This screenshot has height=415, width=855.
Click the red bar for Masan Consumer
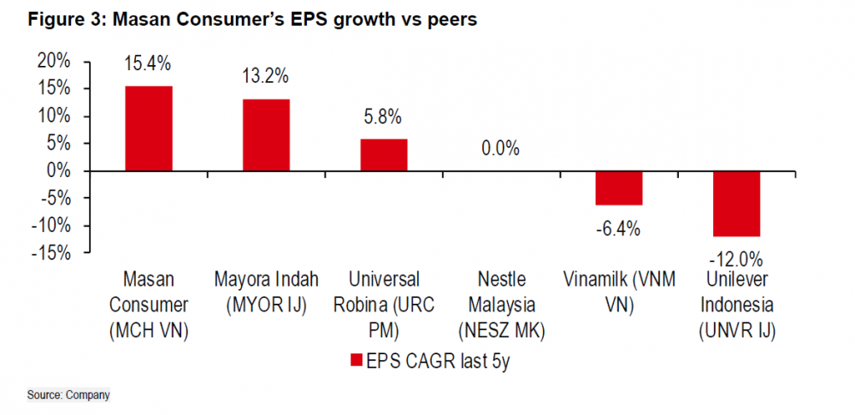(149, 128)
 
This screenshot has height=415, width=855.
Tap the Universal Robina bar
(383, 155)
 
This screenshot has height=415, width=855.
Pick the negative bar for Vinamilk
(619, 188)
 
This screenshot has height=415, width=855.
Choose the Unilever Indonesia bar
(736, 204)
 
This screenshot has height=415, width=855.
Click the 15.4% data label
(149, 62)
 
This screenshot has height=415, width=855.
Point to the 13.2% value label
(265, 75)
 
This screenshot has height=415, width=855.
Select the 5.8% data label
(382, 116)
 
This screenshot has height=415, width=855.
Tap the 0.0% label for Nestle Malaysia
(500, 148)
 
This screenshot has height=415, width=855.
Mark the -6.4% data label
(619, 228)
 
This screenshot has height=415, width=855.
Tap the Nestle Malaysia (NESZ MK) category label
(501, 305)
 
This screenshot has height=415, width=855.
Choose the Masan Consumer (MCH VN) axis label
(149, 305)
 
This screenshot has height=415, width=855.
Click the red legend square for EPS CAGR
(357, 362)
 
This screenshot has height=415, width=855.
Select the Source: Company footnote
(68, 395)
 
